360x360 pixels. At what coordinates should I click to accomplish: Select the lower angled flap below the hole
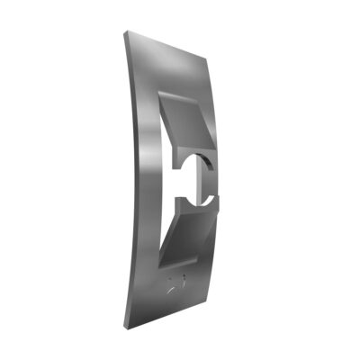pyautogui.click(x=189, y=230)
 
